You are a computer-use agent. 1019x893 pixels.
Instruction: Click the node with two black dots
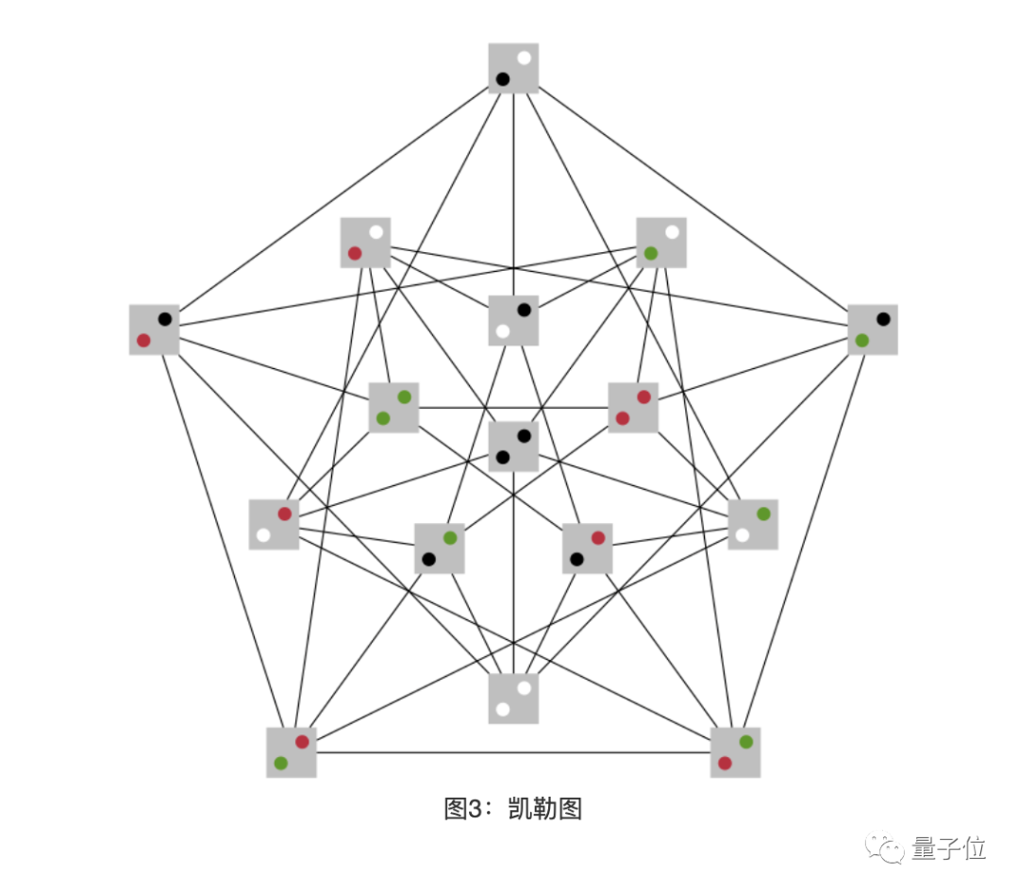tap(513, 446)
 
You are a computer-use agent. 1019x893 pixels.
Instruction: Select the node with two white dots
tap(513, 699)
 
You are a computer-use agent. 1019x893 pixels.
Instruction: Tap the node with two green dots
tap(393, 407)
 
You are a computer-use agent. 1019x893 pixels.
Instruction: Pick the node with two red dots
tap(633, 407)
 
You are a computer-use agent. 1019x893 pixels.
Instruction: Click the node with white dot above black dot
tap(513, 68)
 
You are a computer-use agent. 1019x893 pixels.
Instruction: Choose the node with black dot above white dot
tap(513, 320)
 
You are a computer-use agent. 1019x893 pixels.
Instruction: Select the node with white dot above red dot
tap(365, 243)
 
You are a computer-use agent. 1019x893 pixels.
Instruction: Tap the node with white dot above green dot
tap(661, 243)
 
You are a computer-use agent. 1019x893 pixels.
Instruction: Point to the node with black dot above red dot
tap(154, 329)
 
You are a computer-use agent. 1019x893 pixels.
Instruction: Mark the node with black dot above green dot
tap(873, 329)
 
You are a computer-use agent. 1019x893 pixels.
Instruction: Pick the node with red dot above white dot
tap(274, 524)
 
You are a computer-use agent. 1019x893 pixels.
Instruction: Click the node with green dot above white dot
tap(753, 524)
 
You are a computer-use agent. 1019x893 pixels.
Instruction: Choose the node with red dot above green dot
tap(292, 752)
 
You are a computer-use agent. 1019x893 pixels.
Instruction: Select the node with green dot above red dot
tap(735, 752)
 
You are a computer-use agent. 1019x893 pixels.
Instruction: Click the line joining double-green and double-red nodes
tap(513, 408)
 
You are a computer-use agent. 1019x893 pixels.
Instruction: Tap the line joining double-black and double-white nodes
tap(513, 585)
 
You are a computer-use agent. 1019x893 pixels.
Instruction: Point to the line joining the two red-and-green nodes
tap(513, 752)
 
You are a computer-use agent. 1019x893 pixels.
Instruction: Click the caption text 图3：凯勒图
tap(513, 809)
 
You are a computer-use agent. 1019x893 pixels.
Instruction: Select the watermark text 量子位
tap(949, 848)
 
